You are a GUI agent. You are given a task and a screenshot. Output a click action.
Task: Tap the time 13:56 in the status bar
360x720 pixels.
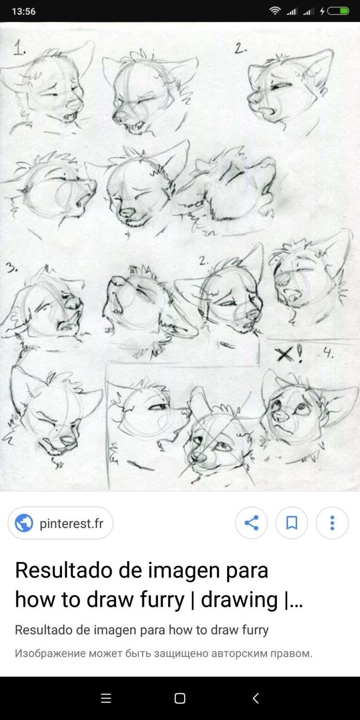pos(24,11)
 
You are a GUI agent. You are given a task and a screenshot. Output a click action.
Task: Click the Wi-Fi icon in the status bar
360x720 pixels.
pos(275,11)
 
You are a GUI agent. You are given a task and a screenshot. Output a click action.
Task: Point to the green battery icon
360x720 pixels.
pos(338,11)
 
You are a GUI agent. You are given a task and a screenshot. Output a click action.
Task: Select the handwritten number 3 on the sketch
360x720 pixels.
pos(11,267)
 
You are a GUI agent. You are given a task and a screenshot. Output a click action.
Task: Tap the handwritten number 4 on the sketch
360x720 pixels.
pos(328,353)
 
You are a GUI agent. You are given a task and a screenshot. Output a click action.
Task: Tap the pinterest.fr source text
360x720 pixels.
pos(71,523)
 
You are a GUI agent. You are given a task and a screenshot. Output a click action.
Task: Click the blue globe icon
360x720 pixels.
pos(24,523)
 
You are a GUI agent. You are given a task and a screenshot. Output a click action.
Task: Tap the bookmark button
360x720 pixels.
pos(291,523)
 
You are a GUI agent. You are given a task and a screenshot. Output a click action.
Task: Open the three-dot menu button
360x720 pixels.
pos(332,523)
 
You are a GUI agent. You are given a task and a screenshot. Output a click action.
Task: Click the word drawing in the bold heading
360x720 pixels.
pos(239,600)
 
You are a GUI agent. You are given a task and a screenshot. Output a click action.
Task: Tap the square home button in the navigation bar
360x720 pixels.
pos(180,698)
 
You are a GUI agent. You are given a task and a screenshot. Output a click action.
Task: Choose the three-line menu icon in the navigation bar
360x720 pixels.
pos(106,698)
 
